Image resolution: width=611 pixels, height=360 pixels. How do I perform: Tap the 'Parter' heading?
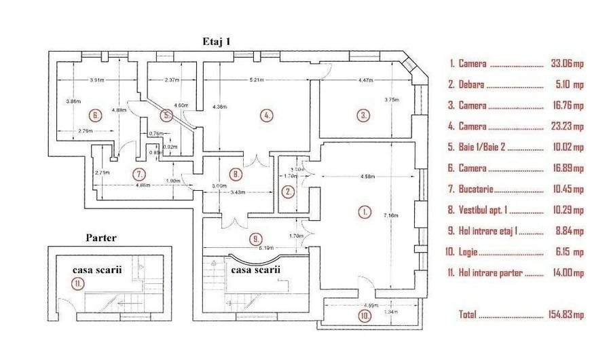pyautogui.click(x=103, y=238)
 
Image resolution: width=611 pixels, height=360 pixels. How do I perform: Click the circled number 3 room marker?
pyautogui.click(x=364, y=115)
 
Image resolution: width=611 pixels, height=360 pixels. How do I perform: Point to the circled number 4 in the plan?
pyautogui.click(x=267, y=115)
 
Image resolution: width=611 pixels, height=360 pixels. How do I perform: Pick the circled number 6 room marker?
pyautogui.click(x=96, y=115)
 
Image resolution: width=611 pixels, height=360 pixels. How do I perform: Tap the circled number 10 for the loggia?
pyautogui.click(x=366, y=315)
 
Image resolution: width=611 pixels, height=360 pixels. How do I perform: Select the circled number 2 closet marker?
pyautogui.click(x=289, y=192)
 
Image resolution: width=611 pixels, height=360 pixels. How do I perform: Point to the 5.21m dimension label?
pyautogui.click(x=256, y=79)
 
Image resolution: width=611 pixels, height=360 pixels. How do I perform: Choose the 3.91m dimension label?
pyautogui.click(x=97, y=79)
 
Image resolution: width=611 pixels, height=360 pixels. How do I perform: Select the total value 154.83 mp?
pyautogui.click(x=565, y=315)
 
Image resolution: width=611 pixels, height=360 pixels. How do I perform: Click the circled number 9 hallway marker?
pyautogui.click(x=254, y=238)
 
